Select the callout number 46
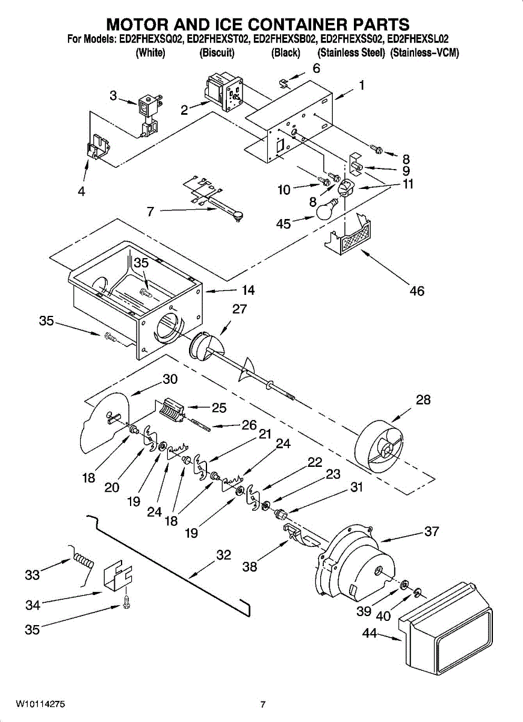click(416, 291)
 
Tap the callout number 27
click(240, 309)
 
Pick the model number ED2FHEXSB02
click(285, 40)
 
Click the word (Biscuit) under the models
click(217, 53)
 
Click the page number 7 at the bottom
click(262, 705)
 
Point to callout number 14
click(248, 291)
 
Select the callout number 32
click(223, 555)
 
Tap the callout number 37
click(432, 532)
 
